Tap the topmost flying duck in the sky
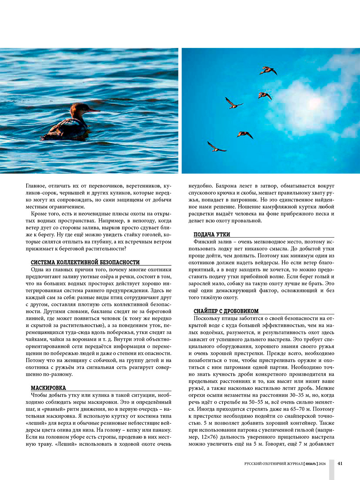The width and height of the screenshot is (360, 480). point(268,70)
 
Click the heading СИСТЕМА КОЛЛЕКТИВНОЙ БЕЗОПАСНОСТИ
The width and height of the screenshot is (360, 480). point(85,262)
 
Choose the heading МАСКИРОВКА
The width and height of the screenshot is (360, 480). point(48,388)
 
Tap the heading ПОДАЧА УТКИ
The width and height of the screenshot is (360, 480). point(212,234)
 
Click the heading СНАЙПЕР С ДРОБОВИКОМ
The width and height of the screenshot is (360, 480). point(226,311)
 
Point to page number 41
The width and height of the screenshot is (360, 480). point(340,463)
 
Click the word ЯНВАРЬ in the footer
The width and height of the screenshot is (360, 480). point(311,464)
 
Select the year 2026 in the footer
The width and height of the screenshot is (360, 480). point(322,464)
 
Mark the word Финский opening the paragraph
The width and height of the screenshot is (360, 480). point(204,242)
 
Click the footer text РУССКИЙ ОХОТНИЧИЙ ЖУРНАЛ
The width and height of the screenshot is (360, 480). point(273,464)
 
